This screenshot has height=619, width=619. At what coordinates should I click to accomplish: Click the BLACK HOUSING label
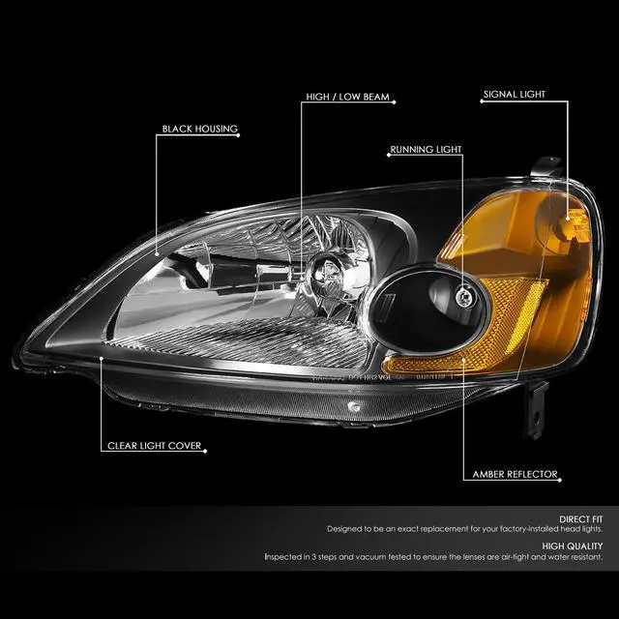pos(200,129)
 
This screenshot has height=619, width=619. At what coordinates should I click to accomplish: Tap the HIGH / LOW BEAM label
pos(347,98)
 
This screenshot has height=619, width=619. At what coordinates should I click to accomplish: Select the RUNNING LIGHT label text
pos(426,150)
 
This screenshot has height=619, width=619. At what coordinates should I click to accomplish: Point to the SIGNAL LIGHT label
pos(515,95)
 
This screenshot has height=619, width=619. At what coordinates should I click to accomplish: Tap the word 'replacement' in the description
pos(422,531)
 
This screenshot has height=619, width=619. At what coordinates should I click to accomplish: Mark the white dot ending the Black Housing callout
pos(157,252)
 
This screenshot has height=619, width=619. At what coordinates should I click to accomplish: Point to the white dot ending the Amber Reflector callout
pos(463,365)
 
